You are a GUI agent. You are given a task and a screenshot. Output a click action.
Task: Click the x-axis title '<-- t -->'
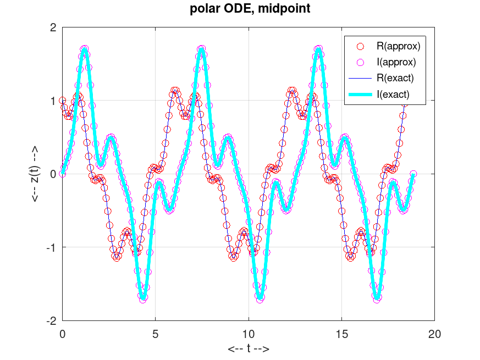[x=249, y=348]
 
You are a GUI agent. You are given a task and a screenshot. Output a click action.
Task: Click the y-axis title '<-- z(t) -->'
[x=35, y=174]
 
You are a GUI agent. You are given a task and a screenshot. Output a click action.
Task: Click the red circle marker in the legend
[x=361, y=45]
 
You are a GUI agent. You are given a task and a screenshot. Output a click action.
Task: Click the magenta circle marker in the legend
[x=361, y=62]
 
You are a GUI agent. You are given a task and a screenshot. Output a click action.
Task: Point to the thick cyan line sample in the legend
[x=361, y=95]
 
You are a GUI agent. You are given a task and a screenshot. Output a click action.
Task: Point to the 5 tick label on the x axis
[x=156, y=334]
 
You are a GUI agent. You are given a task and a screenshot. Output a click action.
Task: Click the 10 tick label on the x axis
[x=249, y=334]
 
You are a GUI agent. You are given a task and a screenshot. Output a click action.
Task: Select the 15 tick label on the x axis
[x=341, y=334]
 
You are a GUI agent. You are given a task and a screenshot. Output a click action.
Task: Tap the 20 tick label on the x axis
[x=434, y=334]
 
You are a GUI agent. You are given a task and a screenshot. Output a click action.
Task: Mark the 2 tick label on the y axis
[x=53, y=27]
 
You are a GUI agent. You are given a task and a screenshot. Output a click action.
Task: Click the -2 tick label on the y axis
[x=51, y=320]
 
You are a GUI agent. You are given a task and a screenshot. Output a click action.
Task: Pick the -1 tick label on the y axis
[x=51, y=247]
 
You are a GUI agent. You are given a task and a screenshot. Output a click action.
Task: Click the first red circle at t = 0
[x=62, y=101]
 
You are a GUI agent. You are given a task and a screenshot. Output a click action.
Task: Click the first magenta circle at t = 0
[x=62, y=174]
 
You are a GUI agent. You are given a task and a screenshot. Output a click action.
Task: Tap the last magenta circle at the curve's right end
[x=413, y=174]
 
